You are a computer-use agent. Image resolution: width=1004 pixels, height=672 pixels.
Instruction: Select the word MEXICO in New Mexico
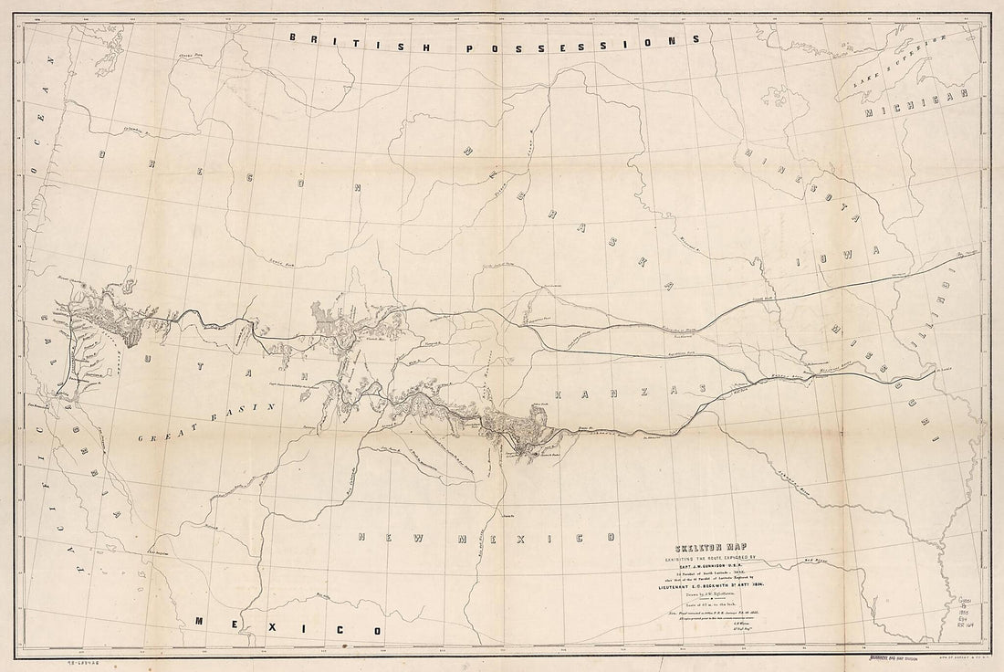pos(534,537)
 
